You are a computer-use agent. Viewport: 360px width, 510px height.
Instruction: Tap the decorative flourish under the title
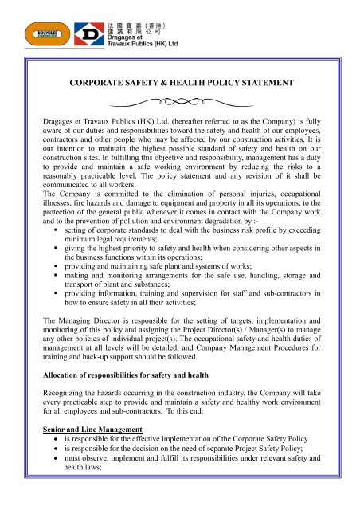[x=179, y=103]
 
